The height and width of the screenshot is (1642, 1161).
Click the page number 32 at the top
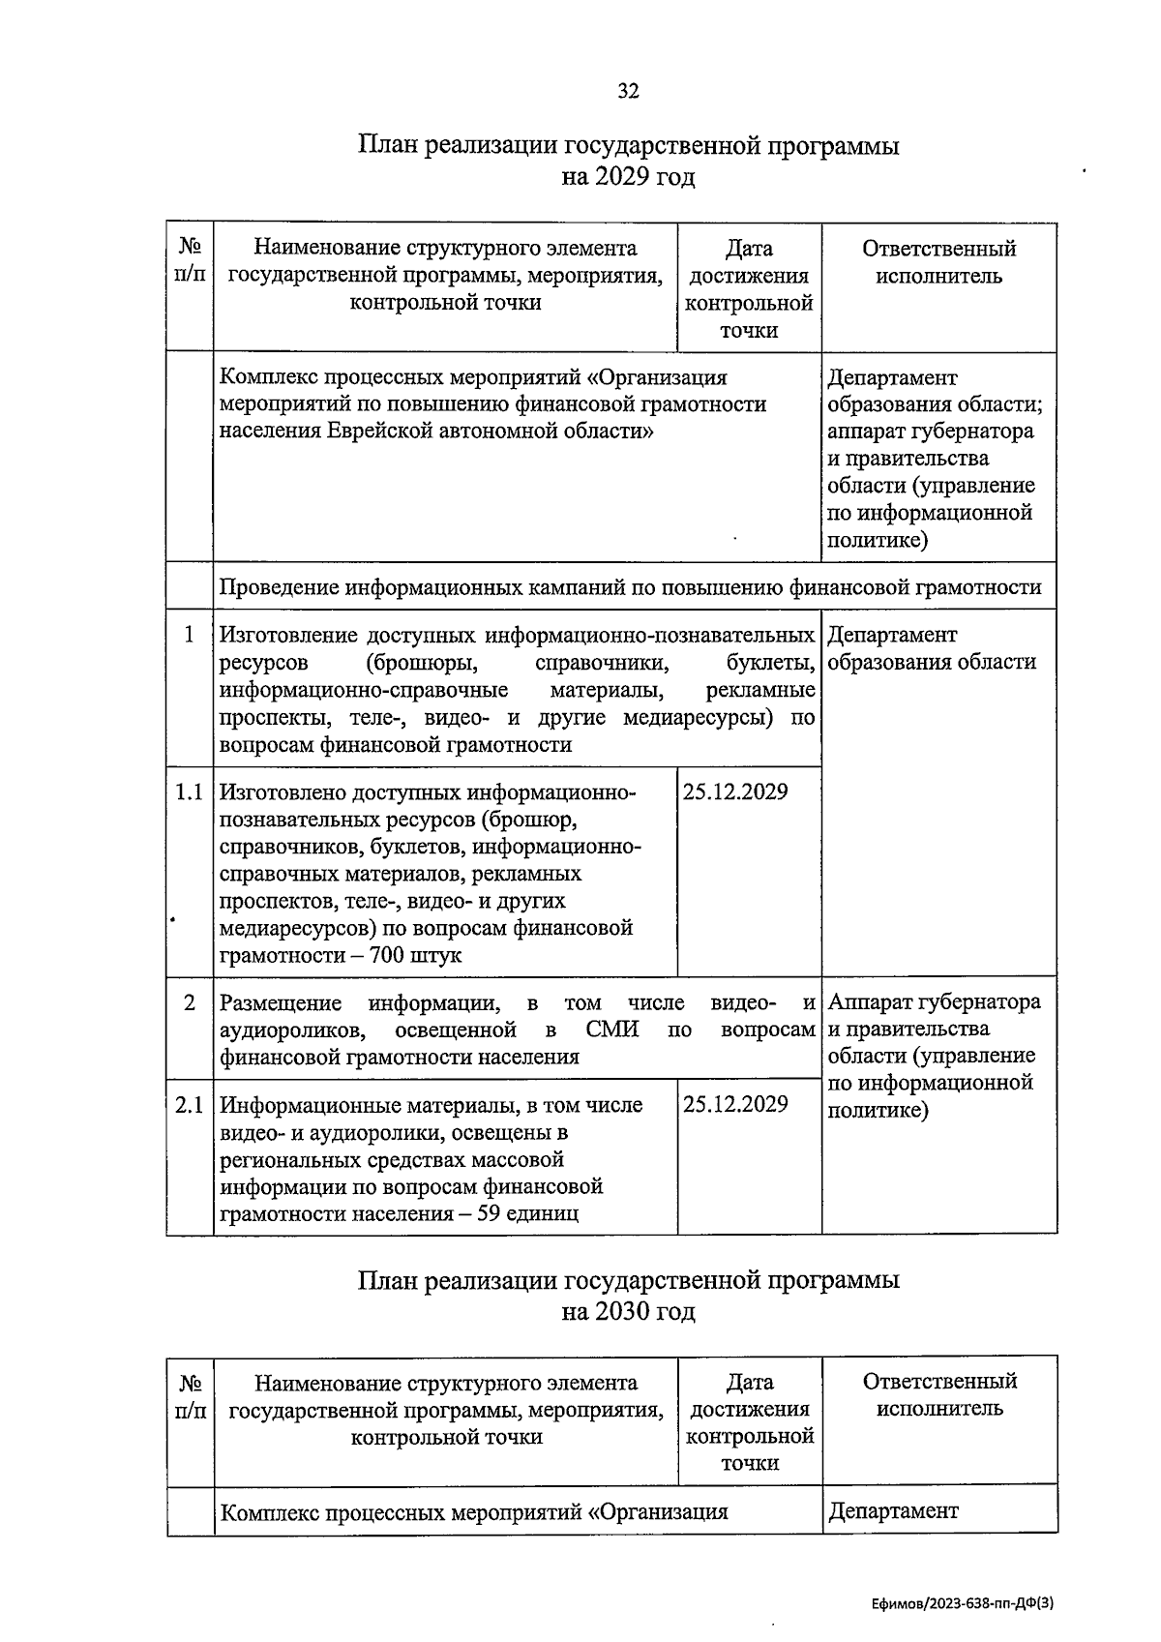click(x=628, y=92)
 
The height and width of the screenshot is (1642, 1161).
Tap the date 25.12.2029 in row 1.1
click(x=735, y=792)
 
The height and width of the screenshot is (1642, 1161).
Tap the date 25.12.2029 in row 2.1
click(x=735, y=1105)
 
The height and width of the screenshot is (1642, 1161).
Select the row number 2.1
click(x=189, y=1105)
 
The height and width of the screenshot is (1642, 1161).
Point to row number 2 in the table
click(x=190, y=1002)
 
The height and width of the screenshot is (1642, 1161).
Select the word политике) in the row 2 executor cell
click(x=878, y=1110)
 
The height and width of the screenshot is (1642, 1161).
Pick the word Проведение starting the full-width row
click(x=279, y=587)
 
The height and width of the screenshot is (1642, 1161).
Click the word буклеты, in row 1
click(x=770, y=663)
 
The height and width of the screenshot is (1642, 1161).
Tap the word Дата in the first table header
click(x=749, y=250)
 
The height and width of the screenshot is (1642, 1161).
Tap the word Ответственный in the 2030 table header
click(x=938, y=1382)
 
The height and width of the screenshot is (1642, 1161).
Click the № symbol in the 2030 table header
click(x=190, y=1382)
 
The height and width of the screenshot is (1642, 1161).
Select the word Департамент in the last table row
click(x=892, y=1511)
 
